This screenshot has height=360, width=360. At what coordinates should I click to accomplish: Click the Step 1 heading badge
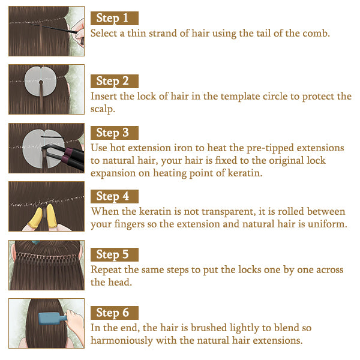115,18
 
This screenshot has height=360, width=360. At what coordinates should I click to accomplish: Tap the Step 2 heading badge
115,81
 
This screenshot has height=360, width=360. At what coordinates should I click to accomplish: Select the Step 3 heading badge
115,133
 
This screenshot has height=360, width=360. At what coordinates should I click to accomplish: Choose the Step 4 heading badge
115,196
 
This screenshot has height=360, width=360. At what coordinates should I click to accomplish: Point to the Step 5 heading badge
115,254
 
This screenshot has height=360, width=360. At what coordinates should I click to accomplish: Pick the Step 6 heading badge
115,313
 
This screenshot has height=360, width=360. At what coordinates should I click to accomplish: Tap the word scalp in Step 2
103,109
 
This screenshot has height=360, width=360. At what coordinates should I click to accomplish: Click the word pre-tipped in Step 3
270,148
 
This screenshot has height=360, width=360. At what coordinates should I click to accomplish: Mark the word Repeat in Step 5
106,270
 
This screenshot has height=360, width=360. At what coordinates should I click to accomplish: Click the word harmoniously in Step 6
122,340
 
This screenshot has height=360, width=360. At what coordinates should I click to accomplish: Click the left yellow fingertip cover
36,217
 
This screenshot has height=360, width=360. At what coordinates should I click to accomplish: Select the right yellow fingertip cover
52,216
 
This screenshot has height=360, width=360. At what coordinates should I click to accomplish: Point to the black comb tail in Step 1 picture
55,28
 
